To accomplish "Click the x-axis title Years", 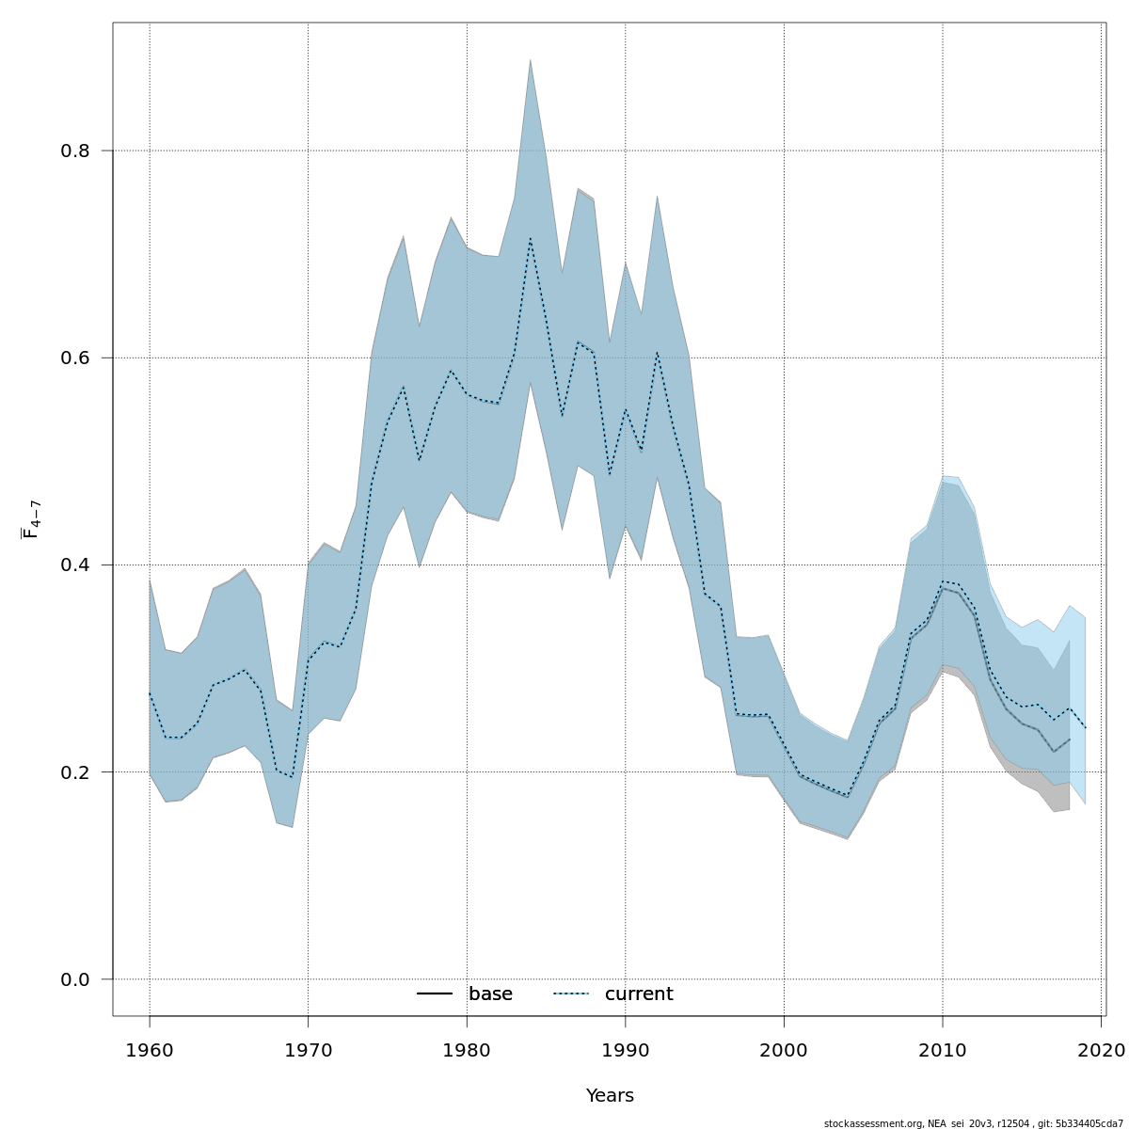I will coord(610,1096).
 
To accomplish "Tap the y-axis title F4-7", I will coord(31,518).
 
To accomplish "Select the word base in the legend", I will coord(490,994).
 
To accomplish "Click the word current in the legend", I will coord(639,994).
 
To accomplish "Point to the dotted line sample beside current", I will coord(571,994).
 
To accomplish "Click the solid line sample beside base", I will coord(435,994).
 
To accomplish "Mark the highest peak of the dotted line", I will coord(531,239).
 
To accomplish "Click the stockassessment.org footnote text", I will coord(973,1123).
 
